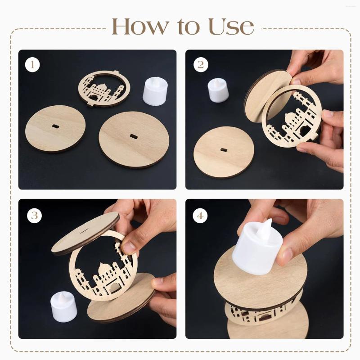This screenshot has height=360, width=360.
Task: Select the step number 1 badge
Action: (32, 65)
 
